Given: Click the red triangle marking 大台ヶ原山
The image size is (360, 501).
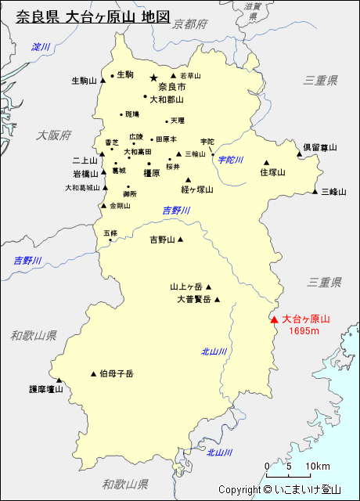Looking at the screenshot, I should pos(274,319).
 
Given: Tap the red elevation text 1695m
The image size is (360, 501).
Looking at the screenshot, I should pos(304,331).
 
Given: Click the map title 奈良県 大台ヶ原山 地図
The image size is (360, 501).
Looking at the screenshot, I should pos(92,16).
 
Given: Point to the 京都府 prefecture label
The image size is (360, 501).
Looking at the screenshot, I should pos(190,25).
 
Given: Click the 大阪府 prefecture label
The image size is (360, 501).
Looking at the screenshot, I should pos(53,135).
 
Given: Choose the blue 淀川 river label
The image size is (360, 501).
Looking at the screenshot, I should pos(41,48).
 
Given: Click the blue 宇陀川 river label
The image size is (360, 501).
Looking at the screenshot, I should pos(231,160).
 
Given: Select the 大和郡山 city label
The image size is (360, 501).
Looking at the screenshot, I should pos(167,99).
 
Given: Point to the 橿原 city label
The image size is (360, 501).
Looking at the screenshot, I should pos(152,173).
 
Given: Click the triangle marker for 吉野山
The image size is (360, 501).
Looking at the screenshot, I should pos(180,240).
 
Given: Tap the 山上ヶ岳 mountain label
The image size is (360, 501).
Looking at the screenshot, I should pos(186,287).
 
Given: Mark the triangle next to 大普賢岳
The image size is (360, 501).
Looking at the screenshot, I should pos(218,299).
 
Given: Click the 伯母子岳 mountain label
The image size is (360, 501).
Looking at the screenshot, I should pos(117,374).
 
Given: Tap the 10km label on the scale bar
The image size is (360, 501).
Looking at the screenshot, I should pos(318,467).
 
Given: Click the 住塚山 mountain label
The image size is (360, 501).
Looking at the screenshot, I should pos(273,172).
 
